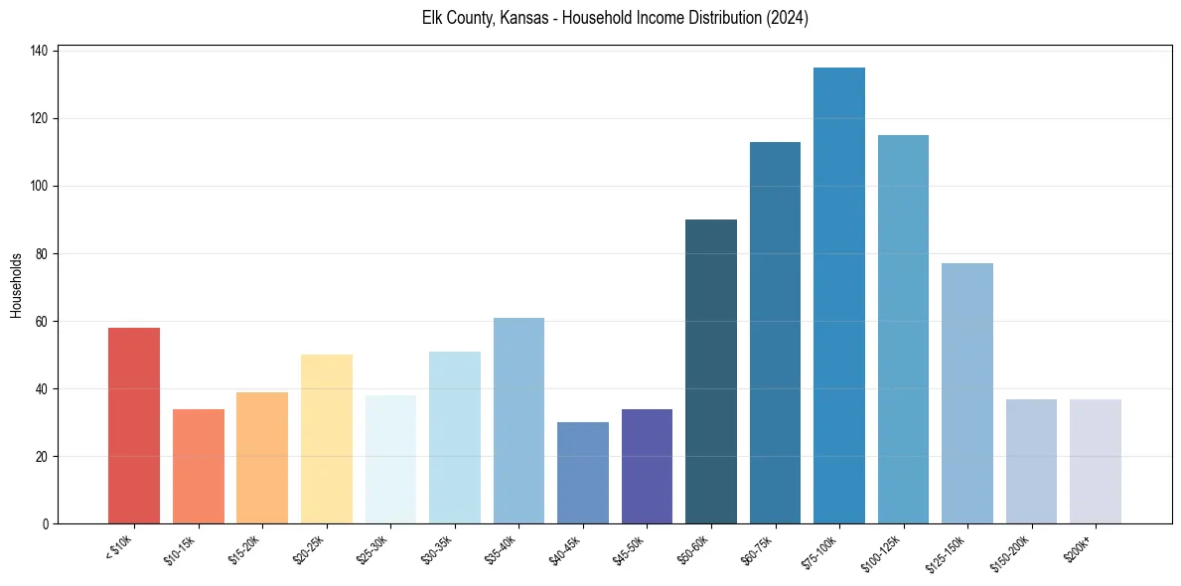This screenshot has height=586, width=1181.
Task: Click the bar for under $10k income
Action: (134, 426)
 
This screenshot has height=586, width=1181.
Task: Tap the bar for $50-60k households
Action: (711, 371)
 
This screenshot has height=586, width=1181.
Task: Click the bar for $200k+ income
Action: (1096, 461)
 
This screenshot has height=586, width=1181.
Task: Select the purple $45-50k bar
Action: (647, 466)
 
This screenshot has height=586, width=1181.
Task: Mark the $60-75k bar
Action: (775, 333)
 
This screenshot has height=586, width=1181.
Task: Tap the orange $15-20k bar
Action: (262, 458)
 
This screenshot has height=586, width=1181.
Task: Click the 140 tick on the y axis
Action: (45, 51)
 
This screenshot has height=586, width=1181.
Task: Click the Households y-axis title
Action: (16, 285)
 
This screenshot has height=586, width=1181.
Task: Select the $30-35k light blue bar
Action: (455, 437)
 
